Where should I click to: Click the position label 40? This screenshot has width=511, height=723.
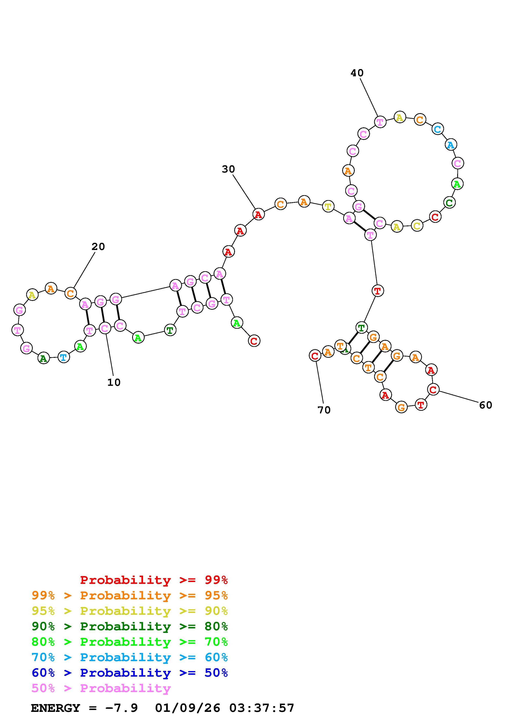coord(357,73)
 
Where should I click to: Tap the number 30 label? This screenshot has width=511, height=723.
coord(228,169)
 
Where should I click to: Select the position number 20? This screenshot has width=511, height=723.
coord(98,246)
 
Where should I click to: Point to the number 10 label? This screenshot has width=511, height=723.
coord(114,382)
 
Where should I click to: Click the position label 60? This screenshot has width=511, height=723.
coord(485,405)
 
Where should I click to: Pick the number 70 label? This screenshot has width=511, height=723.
coord(324,410)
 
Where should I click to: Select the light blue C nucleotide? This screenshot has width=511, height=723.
coord(438,129)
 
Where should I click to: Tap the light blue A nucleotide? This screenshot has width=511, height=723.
coord(451,145)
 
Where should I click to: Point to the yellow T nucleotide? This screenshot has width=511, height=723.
coord(328,207)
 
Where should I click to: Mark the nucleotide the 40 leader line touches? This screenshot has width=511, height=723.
coord(380,122)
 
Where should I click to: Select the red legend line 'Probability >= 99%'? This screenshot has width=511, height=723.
coord(154,580)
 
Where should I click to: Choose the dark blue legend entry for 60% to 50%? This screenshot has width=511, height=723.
coord(130,673)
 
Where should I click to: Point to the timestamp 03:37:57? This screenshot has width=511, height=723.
coord(262,708)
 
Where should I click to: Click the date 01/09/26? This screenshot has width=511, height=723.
coord(188,708)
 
